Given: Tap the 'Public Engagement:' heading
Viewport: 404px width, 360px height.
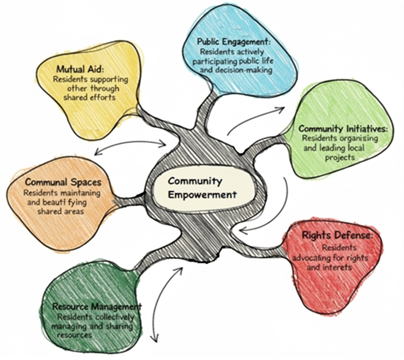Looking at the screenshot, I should click(233, 42).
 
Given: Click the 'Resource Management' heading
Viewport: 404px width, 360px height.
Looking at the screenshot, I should click(96, 306).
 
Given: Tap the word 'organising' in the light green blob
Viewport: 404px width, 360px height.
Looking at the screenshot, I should click(358, 139).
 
